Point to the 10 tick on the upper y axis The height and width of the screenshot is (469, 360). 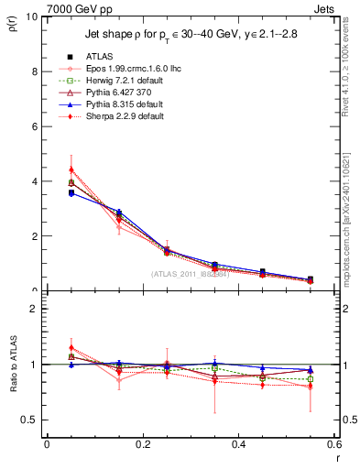click(30, 16)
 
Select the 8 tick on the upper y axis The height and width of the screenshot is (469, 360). click(33, 71)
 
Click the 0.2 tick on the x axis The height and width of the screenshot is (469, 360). click(142, 445)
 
